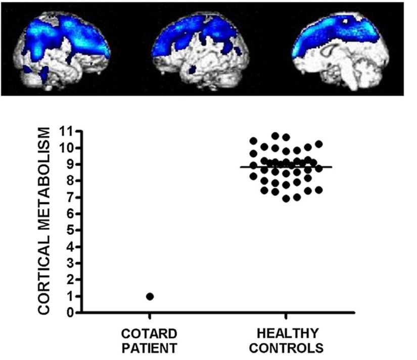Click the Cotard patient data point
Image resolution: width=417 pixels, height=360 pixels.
click(x=150, y=296)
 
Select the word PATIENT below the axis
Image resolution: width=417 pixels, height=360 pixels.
click(x=149, y=348)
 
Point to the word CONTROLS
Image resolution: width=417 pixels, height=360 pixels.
click(x=286, y=348)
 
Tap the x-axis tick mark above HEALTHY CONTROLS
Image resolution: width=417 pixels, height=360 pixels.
click(x=286, y=316)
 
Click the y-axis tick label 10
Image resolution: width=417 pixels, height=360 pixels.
click(x=65, y=148)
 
